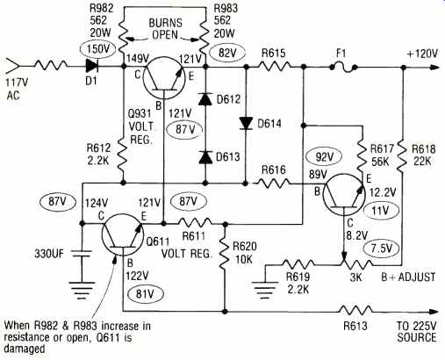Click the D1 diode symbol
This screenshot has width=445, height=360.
(x=92, y=67)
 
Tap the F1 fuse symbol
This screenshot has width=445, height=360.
(x=342, y=68)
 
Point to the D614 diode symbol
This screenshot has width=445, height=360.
(x=246, y=123)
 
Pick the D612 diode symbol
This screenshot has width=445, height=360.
(x=205, y=99)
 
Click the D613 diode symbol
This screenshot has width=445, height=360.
(x=205, y=157)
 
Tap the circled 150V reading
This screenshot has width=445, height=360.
(x=97, y=49)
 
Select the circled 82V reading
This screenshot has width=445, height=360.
(x=227, y=54)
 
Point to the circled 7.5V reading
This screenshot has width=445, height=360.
(x=381, y=248)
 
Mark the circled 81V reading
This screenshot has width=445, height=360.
(x=145, y=294)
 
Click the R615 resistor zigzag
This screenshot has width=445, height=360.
(x=274, y=67)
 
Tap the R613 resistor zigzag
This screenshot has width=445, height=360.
(x=355, y=311)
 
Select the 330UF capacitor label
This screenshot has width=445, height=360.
(x=49, y=253)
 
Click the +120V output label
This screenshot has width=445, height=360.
(x=422, y=54)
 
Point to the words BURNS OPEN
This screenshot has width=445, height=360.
(x=165, y=29)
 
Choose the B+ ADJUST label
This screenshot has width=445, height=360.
(x=408, y=277)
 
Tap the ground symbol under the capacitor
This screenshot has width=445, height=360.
(x=82, y=290)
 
